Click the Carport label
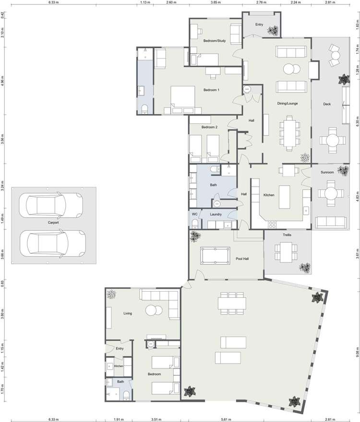(x=53, y=223)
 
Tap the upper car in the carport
(x=52, y=204)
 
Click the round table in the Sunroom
(x=331, y=193)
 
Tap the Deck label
(x=327, y=104)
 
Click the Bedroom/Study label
(x=214, y=41)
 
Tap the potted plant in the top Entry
(x=273, y=31)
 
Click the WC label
(x=195, y=214)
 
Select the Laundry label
(x=216, y=214)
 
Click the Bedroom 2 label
(x=209, y=127)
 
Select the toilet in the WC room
(x=195, y=224)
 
